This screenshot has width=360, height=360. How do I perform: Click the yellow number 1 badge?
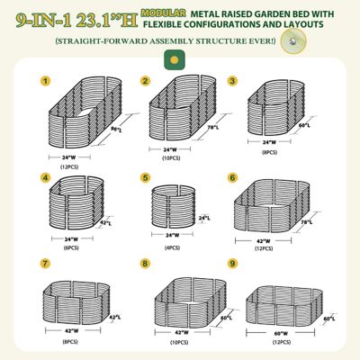coord(42,80)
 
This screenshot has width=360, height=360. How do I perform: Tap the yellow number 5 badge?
coord(145,178)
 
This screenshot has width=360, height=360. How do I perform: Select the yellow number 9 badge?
coord(232,265)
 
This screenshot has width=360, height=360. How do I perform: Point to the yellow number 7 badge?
coord(42,265)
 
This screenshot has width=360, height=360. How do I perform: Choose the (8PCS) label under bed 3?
coord(268,154)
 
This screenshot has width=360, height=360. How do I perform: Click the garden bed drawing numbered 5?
coord(173,206)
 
